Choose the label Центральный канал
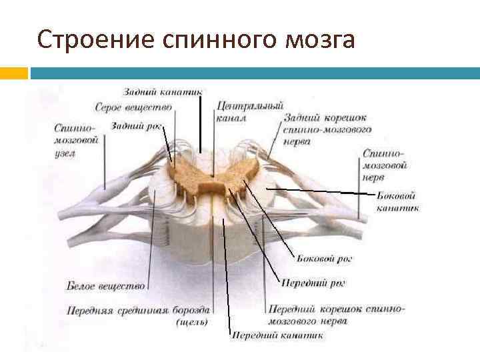pyautogui.click(x=250, y=111)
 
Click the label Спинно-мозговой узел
pyautogui.click(x=77, y=140)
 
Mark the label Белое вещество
pyautogui.click(x=106, y=286)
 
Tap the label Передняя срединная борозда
pyautogui.click(x=139, y=310)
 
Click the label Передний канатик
pyautogui.click(x=277, y=335)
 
